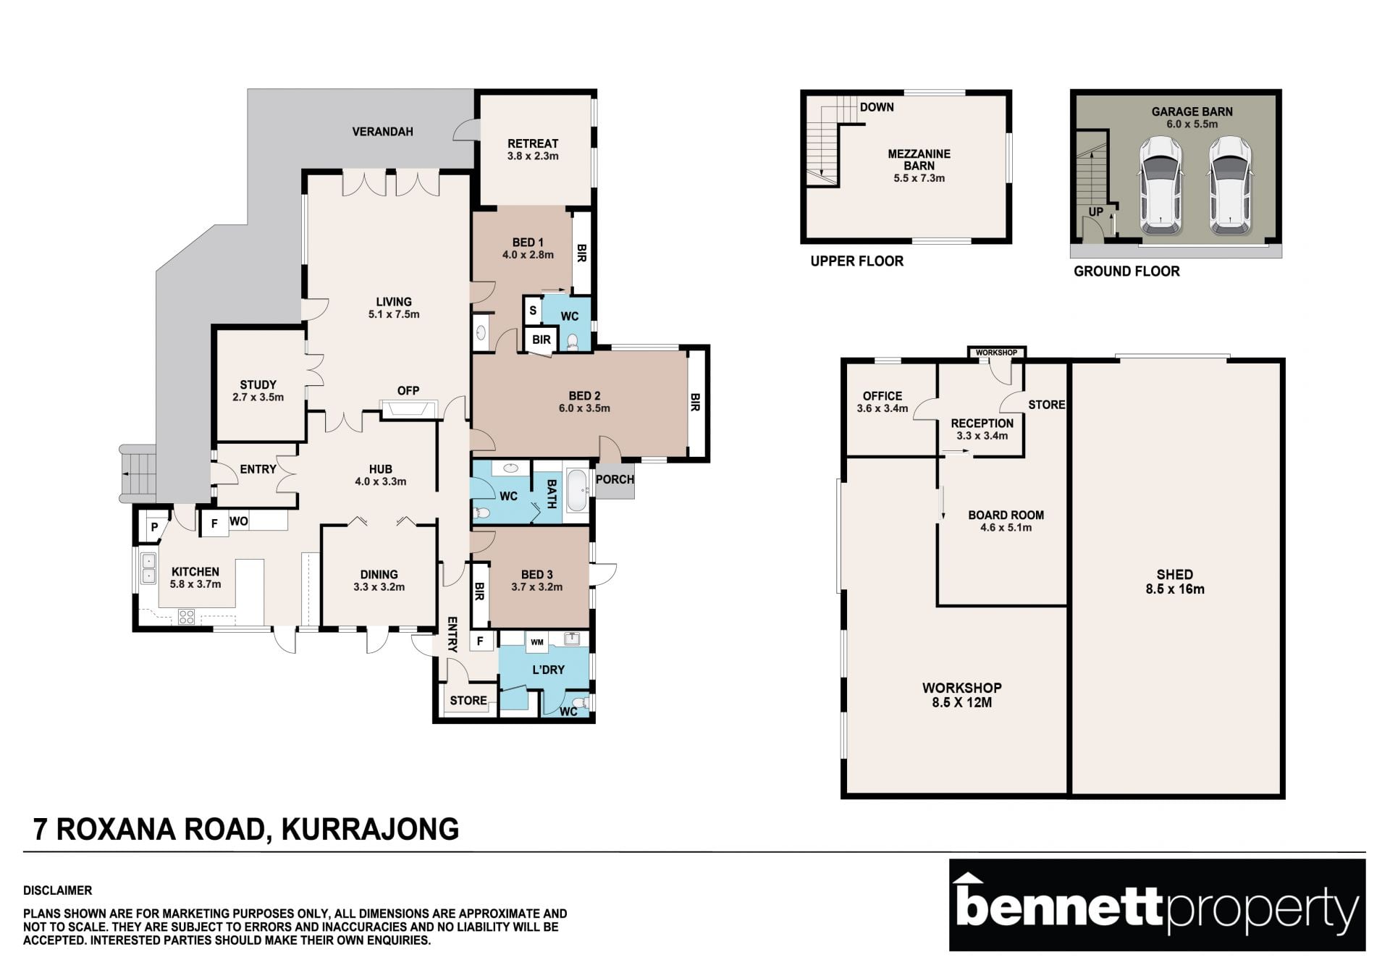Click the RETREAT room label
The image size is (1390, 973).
[x=533, y=143]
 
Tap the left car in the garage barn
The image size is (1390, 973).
[x=1161, y=185]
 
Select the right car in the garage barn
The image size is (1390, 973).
[x=1231, y=185]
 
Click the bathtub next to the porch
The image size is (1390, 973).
[x=577, y=492]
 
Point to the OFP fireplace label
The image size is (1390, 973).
[x=408, y=390]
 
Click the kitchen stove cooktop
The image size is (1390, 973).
[x=186, y=617]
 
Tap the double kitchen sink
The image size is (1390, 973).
[x=148, y=568]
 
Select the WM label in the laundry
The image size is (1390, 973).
[x=537, y=642]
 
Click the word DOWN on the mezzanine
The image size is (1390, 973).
[x=877, y=107]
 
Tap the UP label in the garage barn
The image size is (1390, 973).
[x=1096, y=211]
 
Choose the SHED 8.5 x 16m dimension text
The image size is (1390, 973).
[x=1175, y=589]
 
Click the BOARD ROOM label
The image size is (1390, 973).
[x=1006, y=515]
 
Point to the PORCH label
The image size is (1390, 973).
[x=615, y=479]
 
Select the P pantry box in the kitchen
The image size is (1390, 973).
[x=154, y=528]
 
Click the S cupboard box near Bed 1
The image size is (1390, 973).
[x=533, y=311]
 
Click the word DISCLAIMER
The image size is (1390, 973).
[x=57, y=890]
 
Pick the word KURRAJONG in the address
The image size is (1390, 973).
[x=370, y=830]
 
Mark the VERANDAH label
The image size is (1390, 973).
[x=382, y=132]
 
